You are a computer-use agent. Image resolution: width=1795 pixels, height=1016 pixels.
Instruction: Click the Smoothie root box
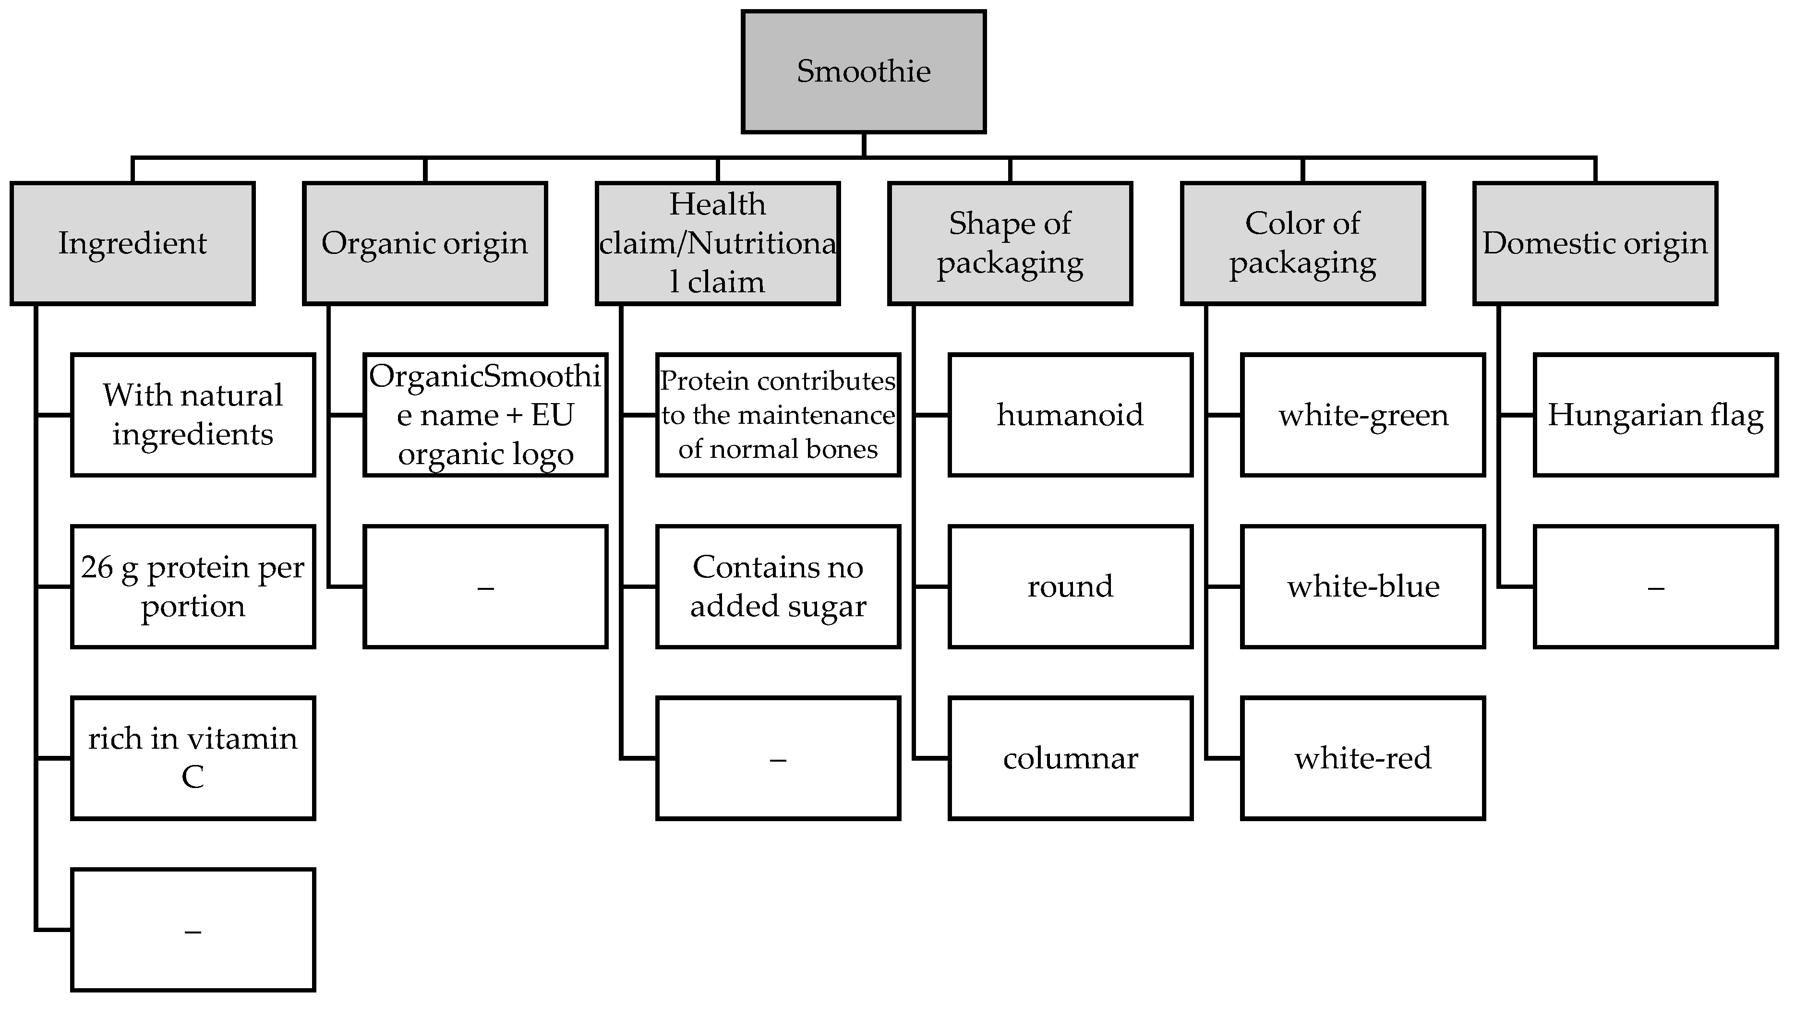pos(863,71)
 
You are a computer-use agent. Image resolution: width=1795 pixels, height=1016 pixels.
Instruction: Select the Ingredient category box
pos(133,243)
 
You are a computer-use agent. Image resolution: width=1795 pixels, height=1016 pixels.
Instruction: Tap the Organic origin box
pos(424,243)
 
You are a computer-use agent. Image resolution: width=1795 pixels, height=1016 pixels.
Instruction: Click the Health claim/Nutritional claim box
pos(717,243)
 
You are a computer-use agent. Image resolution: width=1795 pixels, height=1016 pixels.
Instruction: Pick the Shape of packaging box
pos(1010,243)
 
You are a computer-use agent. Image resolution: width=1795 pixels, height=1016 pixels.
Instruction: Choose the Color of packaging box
pos(1302,243)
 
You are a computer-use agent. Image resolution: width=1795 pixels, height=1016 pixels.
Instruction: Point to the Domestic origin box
pos(1595,243)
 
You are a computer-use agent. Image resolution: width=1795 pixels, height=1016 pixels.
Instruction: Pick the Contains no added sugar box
pos(778,587)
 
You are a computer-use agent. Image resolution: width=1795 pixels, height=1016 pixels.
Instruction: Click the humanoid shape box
pos(1071,415)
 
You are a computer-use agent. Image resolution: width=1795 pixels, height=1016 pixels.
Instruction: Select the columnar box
pos(1071,758)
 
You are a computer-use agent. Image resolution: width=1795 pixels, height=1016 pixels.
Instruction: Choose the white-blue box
pos(1363,587)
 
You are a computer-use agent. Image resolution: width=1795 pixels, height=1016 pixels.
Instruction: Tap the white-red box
pos(1363,758)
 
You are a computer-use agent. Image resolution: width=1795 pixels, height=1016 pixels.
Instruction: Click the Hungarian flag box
pos(1655,415)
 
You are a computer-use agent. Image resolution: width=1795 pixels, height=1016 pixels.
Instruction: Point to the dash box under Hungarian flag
pos(1655,587)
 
